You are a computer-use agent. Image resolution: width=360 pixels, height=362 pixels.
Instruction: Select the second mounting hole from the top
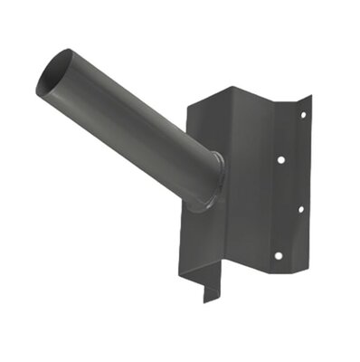coord(280,160)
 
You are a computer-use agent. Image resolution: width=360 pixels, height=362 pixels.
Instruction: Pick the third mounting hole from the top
coord(301,209)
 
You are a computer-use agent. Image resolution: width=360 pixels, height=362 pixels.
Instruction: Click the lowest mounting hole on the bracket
coord(280,253)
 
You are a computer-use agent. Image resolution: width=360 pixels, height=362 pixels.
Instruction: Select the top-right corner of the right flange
coord(310,95)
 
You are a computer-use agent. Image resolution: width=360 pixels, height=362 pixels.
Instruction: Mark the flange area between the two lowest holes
coord(291,232)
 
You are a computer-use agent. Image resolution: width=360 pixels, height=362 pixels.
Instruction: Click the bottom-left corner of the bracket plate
coord(189,266)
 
